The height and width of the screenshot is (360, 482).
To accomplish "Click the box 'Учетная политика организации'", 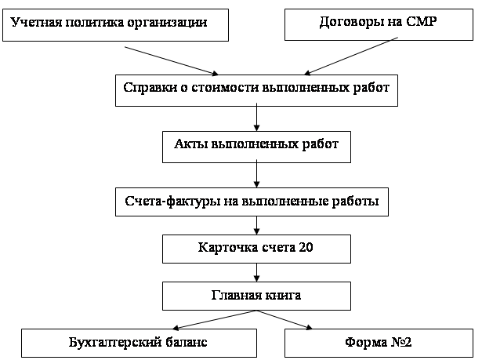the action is [115, 25].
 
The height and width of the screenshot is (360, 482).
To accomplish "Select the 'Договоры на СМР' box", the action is [379, 24].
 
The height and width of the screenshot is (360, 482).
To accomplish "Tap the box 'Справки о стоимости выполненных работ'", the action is [257, 90].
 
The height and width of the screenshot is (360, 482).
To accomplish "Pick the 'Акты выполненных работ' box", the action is [257, 147].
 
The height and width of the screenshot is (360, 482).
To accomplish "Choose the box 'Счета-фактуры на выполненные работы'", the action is [252, 202].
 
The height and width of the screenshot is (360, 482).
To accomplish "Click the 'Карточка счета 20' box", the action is [257, 249].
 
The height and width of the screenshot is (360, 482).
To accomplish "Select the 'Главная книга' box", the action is [257, 296].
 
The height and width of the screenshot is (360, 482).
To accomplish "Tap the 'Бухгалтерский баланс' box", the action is [139, 343].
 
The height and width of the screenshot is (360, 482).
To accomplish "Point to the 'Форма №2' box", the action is [379, 343].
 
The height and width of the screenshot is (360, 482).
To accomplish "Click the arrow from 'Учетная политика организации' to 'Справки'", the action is [172, 61].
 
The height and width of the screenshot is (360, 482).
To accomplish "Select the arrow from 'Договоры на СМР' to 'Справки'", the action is [351, 56].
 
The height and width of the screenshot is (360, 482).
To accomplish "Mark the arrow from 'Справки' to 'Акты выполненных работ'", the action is [257, 117].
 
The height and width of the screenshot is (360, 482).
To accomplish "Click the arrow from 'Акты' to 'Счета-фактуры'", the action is [257, 173].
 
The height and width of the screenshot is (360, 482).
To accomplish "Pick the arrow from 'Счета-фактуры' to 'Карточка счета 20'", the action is [257, 226].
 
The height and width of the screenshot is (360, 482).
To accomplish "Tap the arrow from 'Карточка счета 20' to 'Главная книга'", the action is [257, 273].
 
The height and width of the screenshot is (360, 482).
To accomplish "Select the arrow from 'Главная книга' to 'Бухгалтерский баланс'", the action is [215, 320].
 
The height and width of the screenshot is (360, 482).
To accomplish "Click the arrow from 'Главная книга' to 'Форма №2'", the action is [284, 320].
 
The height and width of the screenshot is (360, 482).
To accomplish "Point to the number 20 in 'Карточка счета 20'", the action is [306, 247].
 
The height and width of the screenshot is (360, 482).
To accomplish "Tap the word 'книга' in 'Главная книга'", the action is [283, 295].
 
